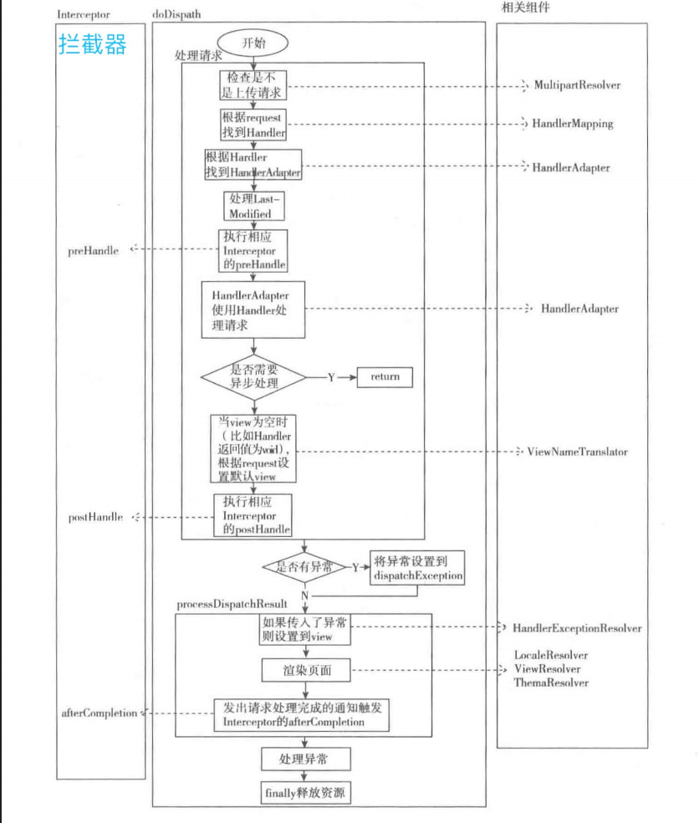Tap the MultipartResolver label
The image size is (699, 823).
point(578,85)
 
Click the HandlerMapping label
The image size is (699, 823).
point(573,124)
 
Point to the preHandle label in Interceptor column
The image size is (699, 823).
point(93,250)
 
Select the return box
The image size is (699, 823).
point(385,377)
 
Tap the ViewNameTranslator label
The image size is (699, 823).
point(577,452)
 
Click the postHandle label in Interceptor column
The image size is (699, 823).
point(95,518)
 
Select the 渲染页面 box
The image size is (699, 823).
point(304,671)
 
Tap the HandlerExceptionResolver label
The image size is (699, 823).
point(577,628)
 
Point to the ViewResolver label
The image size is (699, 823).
point(547,669)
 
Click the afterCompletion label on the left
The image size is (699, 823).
point(98,713)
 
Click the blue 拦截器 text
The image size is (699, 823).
point(93,44)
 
